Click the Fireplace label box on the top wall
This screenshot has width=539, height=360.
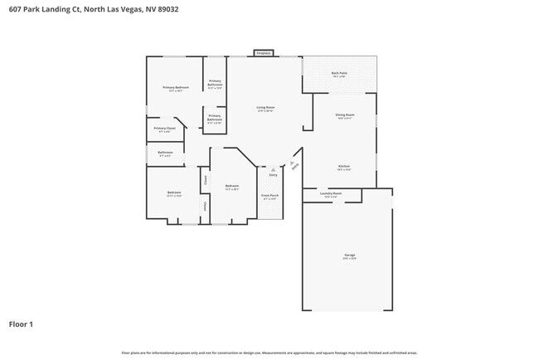click(x=264, y=52)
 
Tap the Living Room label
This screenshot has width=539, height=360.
click(x=265, y=109)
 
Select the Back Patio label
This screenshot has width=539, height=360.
click(x=339, y=74)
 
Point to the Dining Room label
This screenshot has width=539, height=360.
click(x=345, y=115)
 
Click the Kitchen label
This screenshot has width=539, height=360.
click(x=344, y=167)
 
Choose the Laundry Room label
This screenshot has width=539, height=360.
click(x=331, y=194)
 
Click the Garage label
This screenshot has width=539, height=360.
click(x=350, y=255)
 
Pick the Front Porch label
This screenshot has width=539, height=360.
click(x=270, y=197)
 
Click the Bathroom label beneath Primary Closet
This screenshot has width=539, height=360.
click(x=164, y=153)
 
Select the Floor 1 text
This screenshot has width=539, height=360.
click(x=21, y=324)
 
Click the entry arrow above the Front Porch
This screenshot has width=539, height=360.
click(x=273, y=169)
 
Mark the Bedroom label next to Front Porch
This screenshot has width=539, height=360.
click(x=232, y=187)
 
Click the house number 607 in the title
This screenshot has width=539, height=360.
click(x=14, y=9)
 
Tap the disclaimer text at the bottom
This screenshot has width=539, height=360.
click(x=269, y=353)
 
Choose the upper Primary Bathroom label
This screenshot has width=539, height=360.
click(x=215, y=84)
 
